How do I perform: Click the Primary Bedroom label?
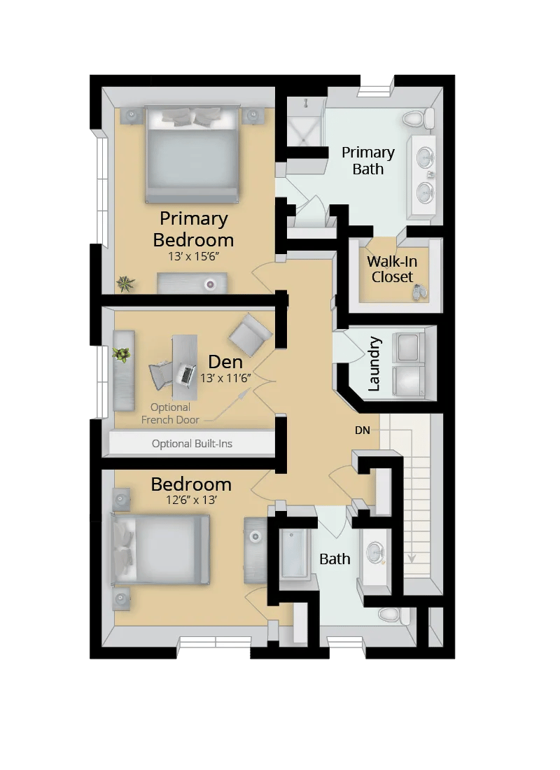(192, 229)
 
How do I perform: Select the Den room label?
(225, 362)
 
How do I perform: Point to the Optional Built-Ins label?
(191, 444)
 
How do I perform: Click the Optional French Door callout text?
(170, 414)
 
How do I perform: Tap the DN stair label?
(362, 430)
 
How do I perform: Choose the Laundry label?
(374, 363)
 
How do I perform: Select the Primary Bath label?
(368, 160)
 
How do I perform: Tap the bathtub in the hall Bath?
(294, 554)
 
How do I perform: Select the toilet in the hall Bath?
(391, 615)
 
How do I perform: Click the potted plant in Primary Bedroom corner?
(126, 283)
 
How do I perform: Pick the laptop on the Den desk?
(185, 374)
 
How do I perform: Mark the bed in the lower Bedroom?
(161, 549)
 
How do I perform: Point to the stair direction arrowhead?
(412, 558)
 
